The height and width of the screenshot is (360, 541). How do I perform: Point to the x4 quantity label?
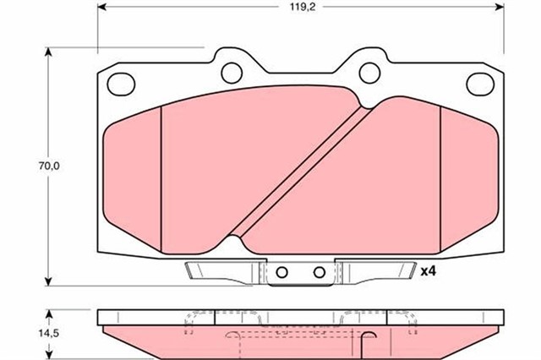pyautogui.click(x=429, y=271)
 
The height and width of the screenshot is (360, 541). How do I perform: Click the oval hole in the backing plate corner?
pyautogui.click(x=123, y=83)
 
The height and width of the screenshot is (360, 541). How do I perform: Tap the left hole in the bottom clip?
pyautogui.click(x=283, y=272)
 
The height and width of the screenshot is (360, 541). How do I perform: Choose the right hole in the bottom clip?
pyautogui.click(x=320, y=272)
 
